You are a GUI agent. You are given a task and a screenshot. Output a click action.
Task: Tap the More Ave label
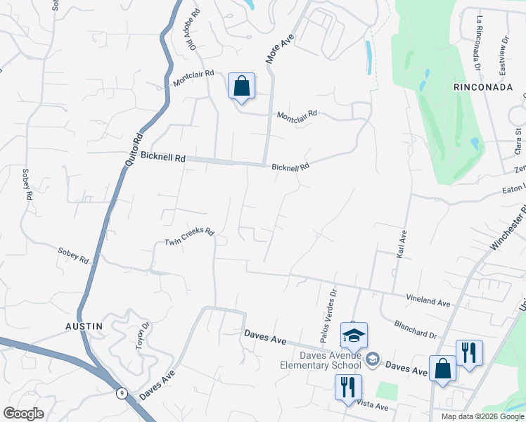pyautogui.click(x=279, y=49)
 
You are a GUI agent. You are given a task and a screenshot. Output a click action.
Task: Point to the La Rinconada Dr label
pyautogui.click(x=478, y=41)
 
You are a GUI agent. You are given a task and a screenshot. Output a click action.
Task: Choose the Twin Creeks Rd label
pyautogui.click(x=188, y=237)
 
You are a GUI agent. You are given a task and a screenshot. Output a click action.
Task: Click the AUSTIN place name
pyautogui.click(x=84, y=326)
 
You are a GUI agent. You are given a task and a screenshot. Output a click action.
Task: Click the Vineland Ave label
pyautogui.click(x=428, y=300)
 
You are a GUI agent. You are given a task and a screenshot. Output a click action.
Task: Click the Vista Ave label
pyautogui.click(x=372, y=406)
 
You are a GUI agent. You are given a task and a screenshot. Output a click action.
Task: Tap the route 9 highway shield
pyautogui.click(x=122, y=393)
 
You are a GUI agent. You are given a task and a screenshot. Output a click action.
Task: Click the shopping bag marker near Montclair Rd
pyautogui.click(x=241, y=87)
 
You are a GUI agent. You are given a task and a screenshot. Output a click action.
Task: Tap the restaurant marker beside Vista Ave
pyautogui.click(x=348, y=387)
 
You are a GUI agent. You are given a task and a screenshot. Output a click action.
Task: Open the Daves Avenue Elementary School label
pyautogui.click(x=320, y=359)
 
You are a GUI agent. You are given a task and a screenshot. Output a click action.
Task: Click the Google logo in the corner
pyautogui.click(x=23, y=413)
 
